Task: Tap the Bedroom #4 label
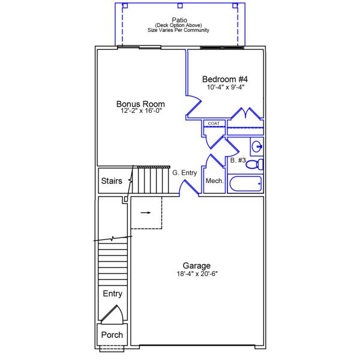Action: (225, 79)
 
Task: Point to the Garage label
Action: (197, 266)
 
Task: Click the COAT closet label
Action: (213, 124)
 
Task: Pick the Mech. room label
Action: (215, 181)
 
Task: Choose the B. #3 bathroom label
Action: (238, 160)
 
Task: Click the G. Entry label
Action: (185, 173)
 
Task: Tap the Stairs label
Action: (112, 181)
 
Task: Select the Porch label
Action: (112, 335)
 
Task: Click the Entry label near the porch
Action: (112, 293)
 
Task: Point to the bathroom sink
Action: (257, 146)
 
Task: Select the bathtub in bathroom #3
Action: (245, 184)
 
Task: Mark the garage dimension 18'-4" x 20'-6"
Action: (197, 274)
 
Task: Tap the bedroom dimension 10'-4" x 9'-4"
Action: (225, 87)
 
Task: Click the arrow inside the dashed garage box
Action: (146, 212)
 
